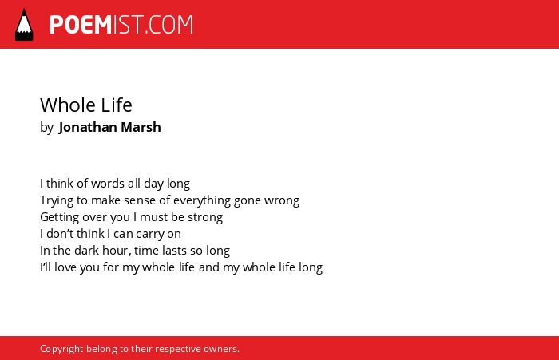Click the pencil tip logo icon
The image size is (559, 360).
(24, 25)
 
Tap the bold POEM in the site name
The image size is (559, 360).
(81, 25)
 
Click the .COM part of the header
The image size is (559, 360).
(169, 25)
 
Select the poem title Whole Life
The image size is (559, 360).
(86, 105)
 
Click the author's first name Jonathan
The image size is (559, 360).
(88, 127)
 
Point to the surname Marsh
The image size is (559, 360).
(141, 127)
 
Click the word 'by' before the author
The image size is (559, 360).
(46, 128)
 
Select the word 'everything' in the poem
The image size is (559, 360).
(202, 200)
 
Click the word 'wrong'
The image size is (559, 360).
(282, 201)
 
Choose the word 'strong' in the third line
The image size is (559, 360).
(205, 217)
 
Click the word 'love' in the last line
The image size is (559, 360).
(65, 267)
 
